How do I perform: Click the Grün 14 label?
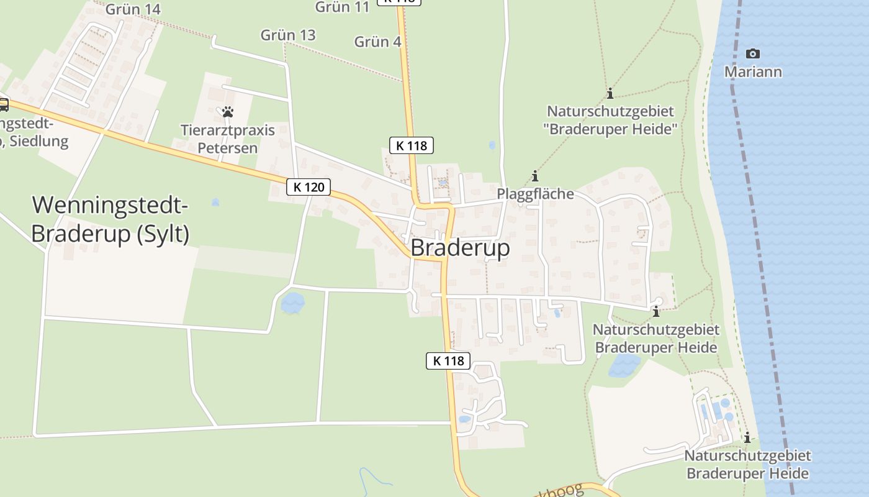coord(133,9)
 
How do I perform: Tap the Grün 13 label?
coord(288,35)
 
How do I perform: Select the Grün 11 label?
coord(342,7)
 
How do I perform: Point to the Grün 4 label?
coord(377,42)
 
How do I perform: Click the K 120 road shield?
coord(308,186)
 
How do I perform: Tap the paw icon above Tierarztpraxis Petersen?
coord(228,112)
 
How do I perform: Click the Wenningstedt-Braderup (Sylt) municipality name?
coord(110,219)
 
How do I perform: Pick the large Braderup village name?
coord(460,248)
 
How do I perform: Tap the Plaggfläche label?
coord(535,194)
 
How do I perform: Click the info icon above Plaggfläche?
coord(535,176)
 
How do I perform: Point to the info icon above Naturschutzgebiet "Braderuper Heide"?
coord(610,94)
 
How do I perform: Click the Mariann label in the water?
coord(753,72)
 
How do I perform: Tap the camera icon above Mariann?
coord(753,54)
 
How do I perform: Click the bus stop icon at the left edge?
coord(3,104)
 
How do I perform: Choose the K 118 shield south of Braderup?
coord(448,360)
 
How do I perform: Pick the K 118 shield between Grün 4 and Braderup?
coord(411,146)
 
